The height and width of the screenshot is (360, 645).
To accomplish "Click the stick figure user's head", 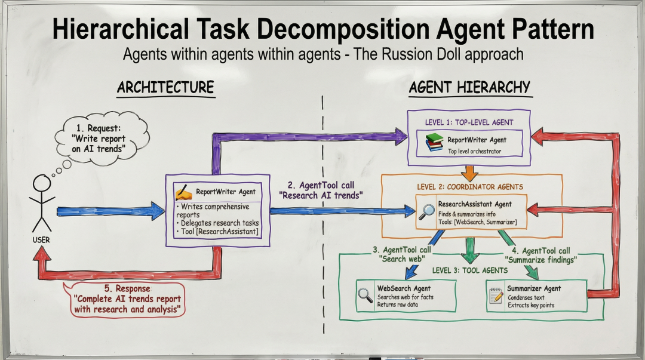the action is pyautogui.click(x=42, y=183).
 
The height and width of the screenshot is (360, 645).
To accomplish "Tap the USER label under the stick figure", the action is pyautogui.click(x=41, y=240).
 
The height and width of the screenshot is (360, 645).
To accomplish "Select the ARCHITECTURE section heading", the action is pyautogui.click(x=165, y=87).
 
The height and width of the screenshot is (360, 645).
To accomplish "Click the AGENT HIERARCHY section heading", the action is pyautogui.click(x=469, y=87).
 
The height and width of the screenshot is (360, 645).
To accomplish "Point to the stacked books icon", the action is pyautogui.click(x=434, y=142).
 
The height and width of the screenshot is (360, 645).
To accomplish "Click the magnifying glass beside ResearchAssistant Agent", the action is pyautogui.click(x=426, y=212).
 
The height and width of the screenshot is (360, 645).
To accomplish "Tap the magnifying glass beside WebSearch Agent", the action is pyautogui.click(x=365, y=296).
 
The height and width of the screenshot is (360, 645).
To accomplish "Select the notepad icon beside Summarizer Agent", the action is pyautogui.click(x=496, y=296).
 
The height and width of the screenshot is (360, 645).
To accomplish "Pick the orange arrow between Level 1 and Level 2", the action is pyautogui.click(x=469, y=173).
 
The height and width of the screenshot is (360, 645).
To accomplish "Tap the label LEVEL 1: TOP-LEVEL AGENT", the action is pyautogui.click(x=469, y=122).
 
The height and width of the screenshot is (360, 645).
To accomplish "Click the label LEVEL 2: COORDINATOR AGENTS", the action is pyautogui.click(x=470, y=187).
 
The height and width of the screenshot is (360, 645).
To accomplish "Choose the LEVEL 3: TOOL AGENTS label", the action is pyautogui.click(x=470, y=270).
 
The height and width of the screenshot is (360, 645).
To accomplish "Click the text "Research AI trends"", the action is pyautogui.click(x=321, y=195).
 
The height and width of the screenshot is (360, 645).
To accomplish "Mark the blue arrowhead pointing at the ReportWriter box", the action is pyautogui.click(x=158, y=211).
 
